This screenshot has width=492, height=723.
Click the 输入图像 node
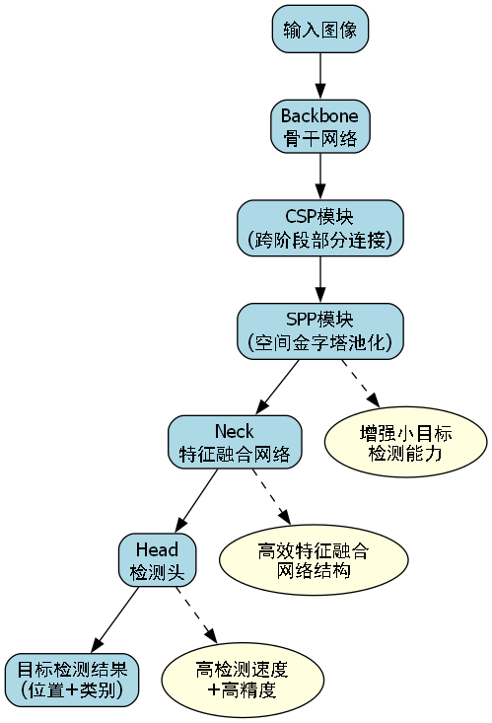pos(320,30)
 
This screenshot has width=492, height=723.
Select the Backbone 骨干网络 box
pos(320,125)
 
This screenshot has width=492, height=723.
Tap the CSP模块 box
pos(320,228)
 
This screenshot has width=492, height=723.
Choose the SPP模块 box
pos(320,330)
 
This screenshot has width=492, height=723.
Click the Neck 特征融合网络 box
pos(234,442)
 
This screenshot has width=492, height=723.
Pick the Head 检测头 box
pos(158,560)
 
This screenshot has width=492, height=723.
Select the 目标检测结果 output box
pos(72,680)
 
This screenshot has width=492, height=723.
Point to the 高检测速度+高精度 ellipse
pos(242,680)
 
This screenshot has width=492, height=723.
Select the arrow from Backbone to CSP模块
pos(320,177)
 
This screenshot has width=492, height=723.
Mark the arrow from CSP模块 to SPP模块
pos(320,279)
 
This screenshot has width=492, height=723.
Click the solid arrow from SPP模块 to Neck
pos(278,386)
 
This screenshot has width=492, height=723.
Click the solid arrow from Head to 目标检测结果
pos(115,619)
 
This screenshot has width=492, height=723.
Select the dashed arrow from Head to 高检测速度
pos(196,618)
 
